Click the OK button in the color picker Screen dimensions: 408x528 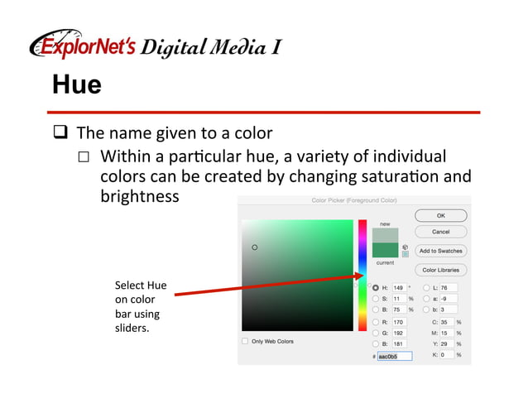[x=440, y=215]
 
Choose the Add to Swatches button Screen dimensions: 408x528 [x=440, y=251]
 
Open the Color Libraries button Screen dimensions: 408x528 [x=440, y=270]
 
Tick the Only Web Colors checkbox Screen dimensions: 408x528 [x=245, y=341]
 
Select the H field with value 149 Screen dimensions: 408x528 [x=398, y=287]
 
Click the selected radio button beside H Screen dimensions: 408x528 [x=376, y=287]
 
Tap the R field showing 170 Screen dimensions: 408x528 [x=398, y=321]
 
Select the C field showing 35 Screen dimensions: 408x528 [x=448, y=321]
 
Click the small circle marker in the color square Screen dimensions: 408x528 [x=255, y=247]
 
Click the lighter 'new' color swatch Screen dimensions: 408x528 [x=385, y=236]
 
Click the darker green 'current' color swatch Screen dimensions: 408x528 [x=385, y=251]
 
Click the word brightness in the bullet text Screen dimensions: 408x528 [x=139, y=196]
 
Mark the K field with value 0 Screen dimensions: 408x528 [x=448, y=354]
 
